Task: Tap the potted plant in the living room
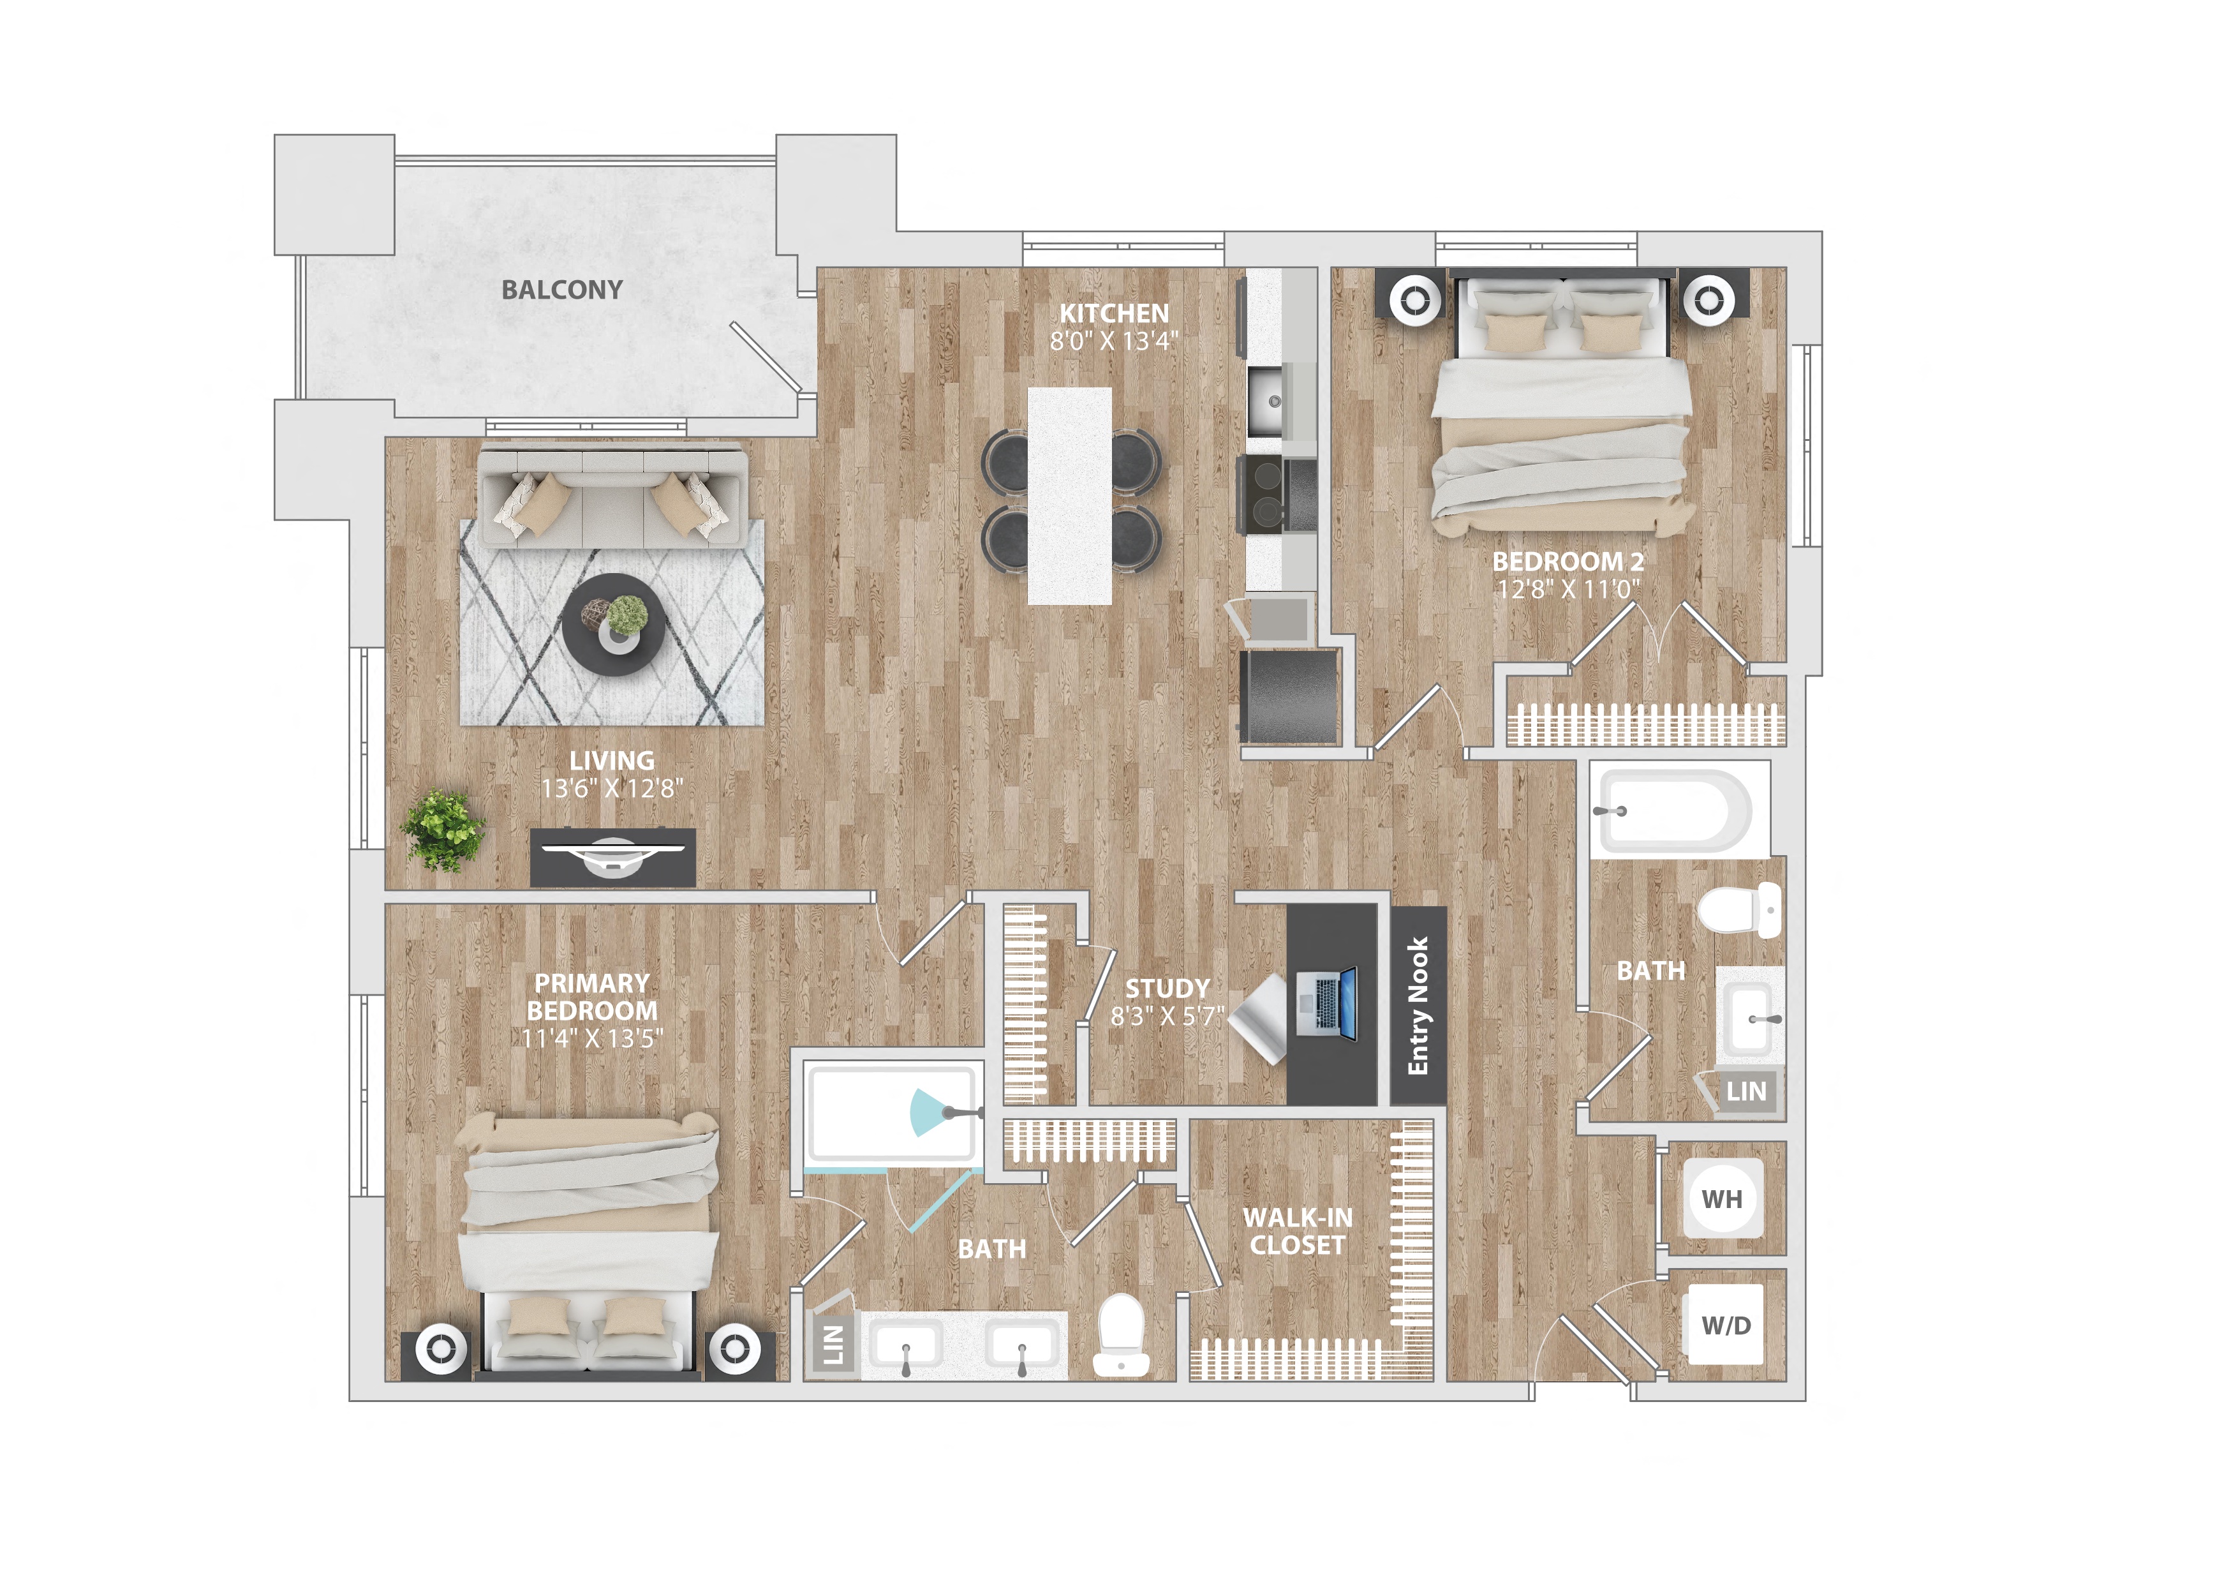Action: (x=443, y=830)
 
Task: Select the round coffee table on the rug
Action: (x=614, y=624)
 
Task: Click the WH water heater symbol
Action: (x=1723, y=1199)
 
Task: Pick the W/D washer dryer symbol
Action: (x=1725, y=1325)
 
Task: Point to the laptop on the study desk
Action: (x=1328, y=1004)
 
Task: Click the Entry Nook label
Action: (x=1418, y=1006)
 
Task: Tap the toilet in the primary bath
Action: (x=1120, y=1336)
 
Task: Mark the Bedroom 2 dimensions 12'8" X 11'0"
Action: (x=1568, y=589)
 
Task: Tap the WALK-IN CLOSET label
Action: (x=1298, y=1231)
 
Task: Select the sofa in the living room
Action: (x=612, y=494)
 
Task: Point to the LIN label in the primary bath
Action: (x=833, y=1345)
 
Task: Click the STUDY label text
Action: (x=1167, y=989)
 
